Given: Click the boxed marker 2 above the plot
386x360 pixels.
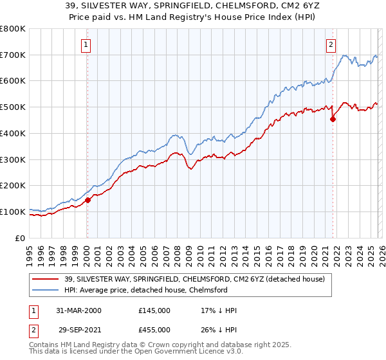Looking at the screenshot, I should [x=331, y=45].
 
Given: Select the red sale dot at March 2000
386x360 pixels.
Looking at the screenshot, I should [x=88, y=200].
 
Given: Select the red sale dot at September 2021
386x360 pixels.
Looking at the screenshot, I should [x=333, y=118].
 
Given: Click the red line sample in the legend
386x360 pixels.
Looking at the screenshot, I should [x=46, y=279].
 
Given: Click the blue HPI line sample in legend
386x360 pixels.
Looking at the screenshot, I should [x=46, y=290].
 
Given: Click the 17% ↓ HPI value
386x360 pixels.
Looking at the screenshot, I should [x=219, y=310].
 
